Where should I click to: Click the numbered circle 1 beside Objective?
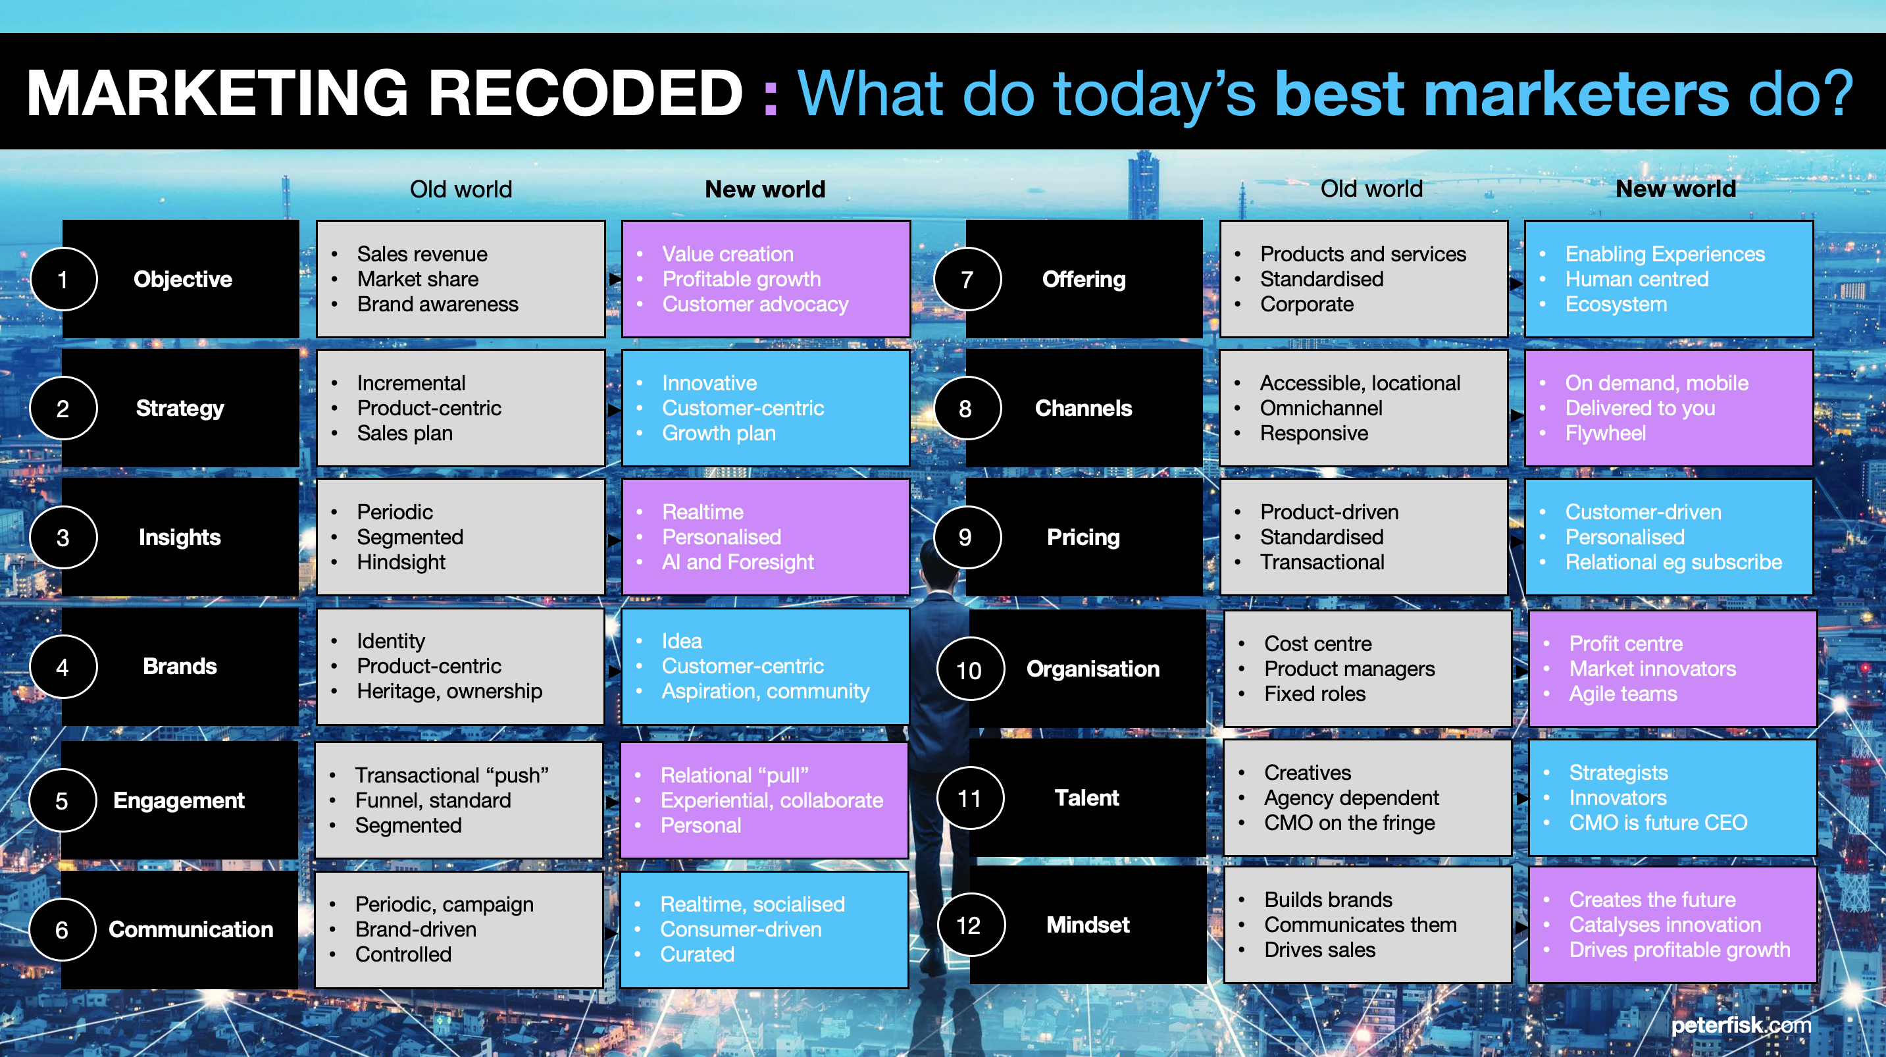63,279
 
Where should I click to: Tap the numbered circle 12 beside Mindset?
969,925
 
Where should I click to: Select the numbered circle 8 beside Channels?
967,408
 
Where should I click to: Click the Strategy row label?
180,408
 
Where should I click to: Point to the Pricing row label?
1084,537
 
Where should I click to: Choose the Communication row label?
191,929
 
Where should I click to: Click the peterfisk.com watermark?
1741,1025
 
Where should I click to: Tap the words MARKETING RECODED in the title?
385,93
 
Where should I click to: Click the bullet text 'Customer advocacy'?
755,304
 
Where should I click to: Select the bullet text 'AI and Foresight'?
738,562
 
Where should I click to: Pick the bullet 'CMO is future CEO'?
1658,823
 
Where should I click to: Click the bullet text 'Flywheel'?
1606,433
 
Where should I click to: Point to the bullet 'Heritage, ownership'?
449,691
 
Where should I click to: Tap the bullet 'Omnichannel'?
1321,408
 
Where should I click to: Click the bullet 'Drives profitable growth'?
1679,950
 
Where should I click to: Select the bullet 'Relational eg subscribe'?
1673,562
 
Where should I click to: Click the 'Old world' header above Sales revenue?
461,189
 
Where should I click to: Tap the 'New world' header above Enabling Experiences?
1676,188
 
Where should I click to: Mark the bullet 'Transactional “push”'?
451,775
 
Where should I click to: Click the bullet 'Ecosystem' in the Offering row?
1616,304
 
